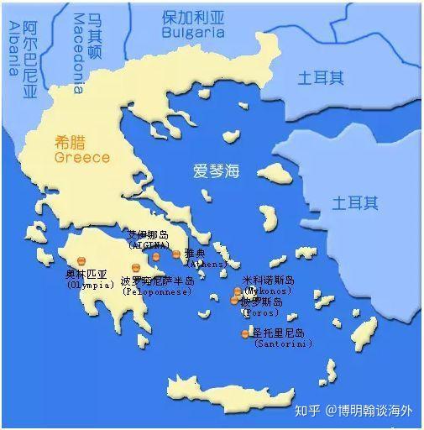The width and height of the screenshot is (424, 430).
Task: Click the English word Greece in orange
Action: click(x=81, y=157)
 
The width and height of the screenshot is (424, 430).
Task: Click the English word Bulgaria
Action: click(x=192, y=33)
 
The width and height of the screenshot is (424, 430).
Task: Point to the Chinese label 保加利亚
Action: click(x=193, y=17)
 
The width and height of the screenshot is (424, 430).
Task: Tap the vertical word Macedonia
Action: click(x=78, y=52)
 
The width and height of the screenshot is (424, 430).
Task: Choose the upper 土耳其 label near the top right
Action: click(x=321, y=78)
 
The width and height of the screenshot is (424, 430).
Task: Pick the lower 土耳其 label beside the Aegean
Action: click(x=354, y=202)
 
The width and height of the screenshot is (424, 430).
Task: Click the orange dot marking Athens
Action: click(x=176, y=254)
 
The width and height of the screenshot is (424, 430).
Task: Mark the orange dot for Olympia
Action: click(x=82, y=261)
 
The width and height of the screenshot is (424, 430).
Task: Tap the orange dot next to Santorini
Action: click(x=245, y=334)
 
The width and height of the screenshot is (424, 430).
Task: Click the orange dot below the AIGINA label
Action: click(x=156, y=257)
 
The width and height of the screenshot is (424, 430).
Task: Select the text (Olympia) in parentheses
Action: click(x=90, y=285)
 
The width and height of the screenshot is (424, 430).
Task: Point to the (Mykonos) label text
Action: click(x=267, y=291)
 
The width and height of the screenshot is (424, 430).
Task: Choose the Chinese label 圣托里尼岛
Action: click(x=279, y=333)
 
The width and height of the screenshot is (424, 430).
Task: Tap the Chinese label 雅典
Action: click(x=195, y=252)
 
